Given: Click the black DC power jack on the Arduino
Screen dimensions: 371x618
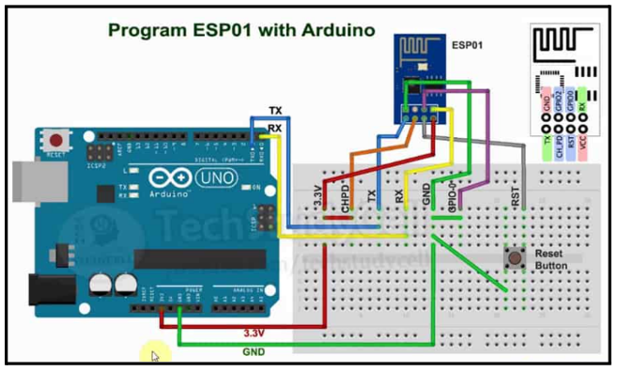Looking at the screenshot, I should coord(42,289).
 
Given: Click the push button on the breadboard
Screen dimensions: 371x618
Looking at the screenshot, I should coord(514,256).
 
